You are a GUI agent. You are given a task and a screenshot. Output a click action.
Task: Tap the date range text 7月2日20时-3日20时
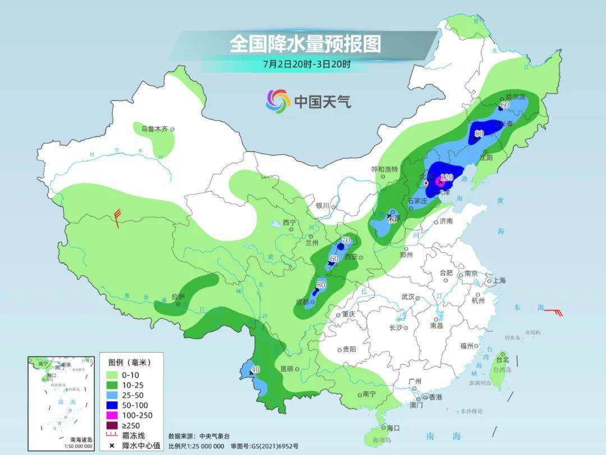pyautogui.click(x=306, y=64)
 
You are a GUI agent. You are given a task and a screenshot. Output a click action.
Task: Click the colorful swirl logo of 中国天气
pyautogui.click(x=278, y=101)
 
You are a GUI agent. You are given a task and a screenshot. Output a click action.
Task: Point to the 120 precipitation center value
pyautogui.click(x=446, y=178)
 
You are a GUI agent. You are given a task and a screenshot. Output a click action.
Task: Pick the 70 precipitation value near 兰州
pyautogui.click(x=346, y=240)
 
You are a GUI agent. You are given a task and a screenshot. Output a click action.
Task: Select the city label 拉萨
pyautogui.click(x=177, y=296)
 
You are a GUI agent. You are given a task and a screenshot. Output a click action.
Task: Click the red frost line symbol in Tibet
pyautogui.click(x=117, y=217)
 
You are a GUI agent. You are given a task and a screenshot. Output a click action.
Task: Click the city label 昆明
pyautogui.click(x=286, y=369)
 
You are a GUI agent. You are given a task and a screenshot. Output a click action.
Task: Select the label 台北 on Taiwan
pyautogui.click(x=502, y=360)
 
